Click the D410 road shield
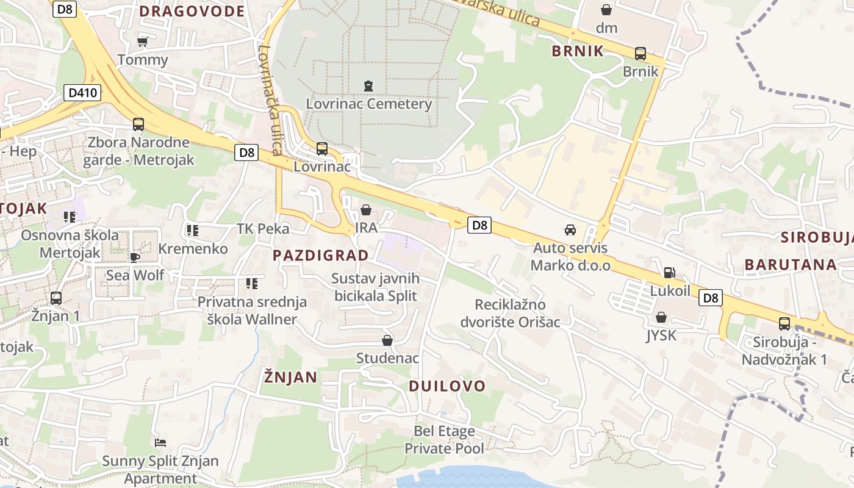coord(82,93)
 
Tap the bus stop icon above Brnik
coord(640,54)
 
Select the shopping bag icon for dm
coord(606,10)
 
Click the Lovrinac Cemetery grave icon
coord(368,86)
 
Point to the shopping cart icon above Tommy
coord(143,41)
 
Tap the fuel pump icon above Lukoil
coord(669,273)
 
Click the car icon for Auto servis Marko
coord(570,230)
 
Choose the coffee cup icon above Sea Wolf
coord(135,257)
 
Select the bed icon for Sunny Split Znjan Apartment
coord(160,442)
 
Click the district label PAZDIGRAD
coord(321,255)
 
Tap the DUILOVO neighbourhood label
coord(447,386)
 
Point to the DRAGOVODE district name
coord(192,11)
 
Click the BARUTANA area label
coord(791,264)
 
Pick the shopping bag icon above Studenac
coord(387,340)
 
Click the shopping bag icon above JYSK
coord(661,317)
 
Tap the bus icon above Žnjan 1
coord(56,298)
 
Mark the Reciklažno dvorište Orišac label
coord(510,313)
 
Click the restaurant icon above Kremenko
coord(193,231)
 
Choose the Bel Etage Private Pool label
coord(444,440)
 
